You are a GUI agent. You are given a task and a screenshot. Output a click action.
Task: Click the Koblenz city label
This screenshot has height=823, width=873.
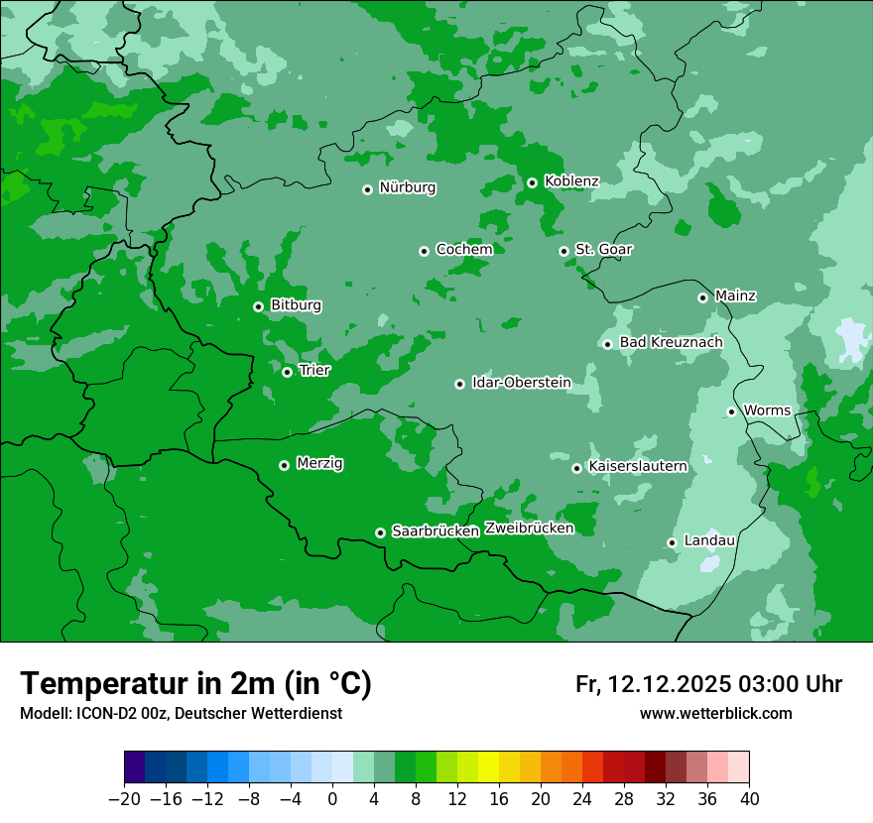(571, 181)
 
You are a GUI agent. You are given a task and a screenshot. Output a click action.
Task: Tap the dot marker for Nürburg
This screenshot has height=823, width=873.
(367, 189)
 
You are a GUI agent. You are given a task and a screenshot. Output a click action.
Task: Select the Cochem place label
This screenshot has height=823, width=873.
(464, 250)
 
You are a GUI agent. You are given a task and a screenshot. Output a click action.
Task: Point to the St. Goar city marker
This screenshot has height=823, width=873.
(563, 251)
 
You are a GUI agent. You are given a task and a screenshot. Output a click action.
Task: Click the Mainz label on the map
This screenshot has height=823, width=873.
(735, 296)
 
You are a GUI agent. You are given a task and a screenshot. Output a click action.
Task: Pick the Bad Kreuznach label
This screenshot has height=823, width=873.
(671, 343)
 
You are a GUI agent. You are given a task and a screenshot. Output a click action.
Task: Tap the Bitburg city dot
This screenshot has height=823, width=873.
(258, 306)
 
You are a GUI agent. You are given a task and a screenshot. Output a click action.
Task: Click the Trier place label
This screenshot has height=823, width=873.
(314, 371)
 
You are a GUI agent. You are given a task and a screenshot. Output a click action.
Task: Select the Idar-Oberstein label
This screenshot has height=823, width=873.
(521, 383)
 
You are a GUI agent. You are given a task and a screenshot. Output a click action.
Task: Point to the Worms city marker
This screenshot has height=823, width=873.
(731, 411)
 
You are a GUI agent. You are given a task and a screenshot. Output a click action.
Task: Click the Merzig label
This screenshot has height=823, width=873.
(319, 463)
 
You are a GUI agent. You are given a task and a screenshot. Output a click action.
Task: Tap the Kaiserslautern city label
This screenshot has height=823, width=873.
(638, 466)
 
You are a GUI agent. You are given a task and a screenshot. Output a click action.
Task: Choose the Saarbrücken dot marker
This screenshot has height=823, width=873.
(380, 532)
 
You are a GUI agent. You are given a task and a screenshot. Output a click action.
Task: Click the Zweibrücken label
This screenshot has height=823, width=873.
(529, 529)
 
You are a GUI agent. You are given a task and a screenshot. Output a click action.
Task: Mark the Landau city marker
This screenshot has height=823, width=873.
(672, 542)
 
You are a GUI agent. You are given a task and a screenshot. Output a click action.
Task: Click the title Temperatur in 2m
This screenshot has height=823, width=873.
(196, 683)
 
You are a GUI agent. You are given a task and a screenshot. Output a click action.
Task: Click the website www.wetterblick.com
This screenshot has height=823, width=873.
(715, 713)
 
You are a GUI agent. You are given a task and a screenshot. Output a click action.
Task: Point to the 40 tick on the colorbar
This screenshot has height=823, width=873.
(749, 799)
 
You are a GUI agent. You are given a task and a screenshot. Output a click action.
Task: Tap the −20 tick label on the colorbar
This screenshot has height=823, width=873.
(125, 799)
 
